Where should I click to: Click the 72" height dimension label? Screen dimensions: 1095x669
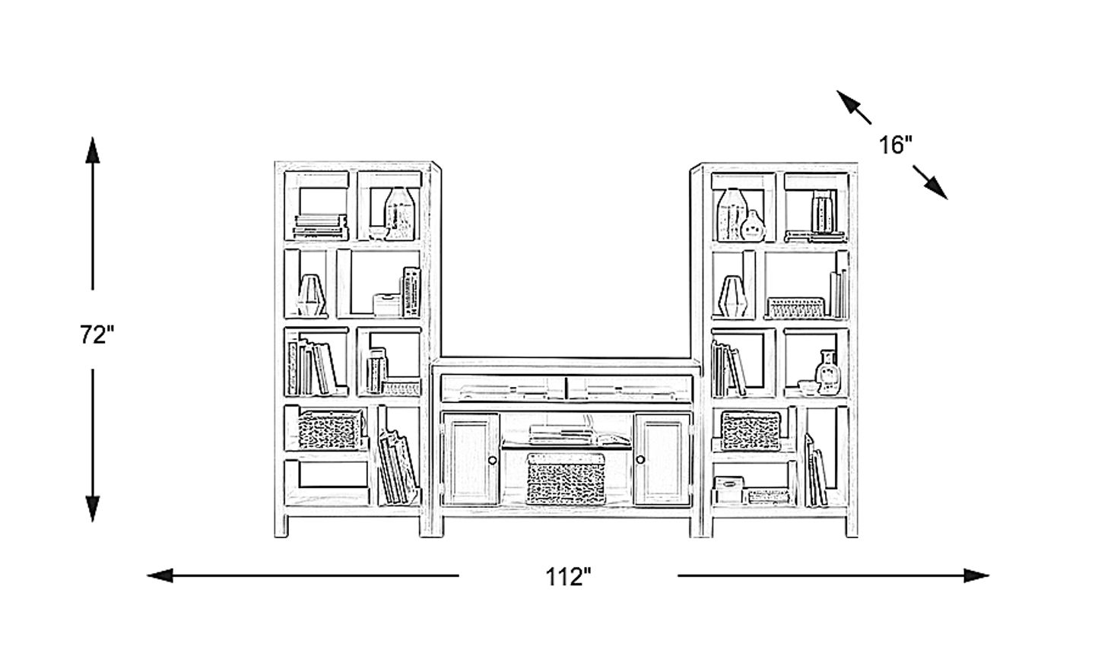[x=97, y=335]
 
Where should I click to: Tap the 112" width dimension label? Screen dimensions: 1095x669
[x=568, y=577]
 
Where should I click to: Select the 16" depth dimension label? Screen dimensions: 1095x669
[x=896, y=145]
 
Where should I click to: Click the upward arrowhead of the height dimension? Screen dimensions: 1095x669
[x=93, y=150]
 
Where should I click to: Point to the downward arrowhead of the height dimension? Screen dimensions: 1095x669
[x=93, y=509]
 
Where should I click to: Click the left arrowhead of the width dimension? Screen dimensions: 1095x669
[x=160, y=575]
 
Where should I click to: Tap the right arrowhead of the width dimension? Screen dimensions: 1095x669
[x=976, y=575]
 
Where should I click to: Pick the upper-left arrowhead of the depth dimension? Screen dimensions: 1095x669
[x=847, y=100]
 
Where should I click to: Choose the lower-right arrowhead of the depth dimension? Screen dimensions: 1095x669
[x=936, y=189]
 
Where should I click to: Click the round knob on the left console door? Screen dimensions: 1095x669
[x=492, y=460]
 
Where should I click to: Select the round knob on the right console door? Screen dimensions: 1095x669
[x=640, y=459]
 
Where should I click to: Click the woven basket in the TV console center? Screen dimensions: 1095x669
[x=566, y=478]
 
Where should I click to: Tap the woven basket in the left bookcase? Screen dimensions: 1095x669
[x=330, y=430]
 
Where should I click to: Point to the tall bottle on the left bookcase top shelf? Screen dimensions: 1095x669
[x=400, y=214]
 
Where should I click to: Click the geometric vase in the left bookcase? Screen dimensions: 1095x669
[x=311, y=295]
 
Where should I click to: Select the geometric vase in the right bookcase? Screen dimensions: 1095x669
[x=732, y=296]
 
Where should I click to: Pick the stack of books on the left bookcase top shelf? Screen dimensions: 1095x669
[x=320, y=227]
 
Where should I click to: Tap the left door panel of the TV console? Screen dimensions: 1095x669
[x=471, y=459]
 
